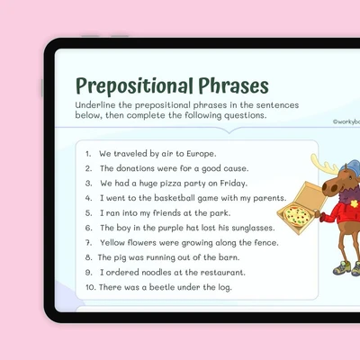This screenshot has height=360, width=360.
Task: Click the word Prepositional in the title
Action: pos(134,86)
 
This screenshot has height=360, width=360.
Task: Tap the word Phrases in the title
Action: pos(233,85)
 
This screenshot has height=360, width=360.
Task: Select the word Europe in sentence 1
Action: pos(201,154)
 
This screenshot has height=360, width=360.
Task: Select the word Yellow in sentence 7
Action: pos(112,242)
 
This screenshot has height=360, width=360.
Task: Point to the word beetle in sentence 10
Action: pos(162,287)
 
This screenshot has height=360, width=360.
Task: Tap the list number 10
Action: pos(91,287)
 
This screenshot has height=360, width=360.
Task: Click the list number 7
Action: pos(88,243)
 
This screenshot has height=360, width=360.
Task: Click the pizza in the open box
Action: pos(297,215)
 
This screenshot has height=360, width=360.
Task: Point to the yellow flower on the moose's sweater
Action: pos(355,204)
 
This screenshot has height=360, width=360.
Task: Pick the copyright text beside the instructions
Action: pos(346,121)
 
